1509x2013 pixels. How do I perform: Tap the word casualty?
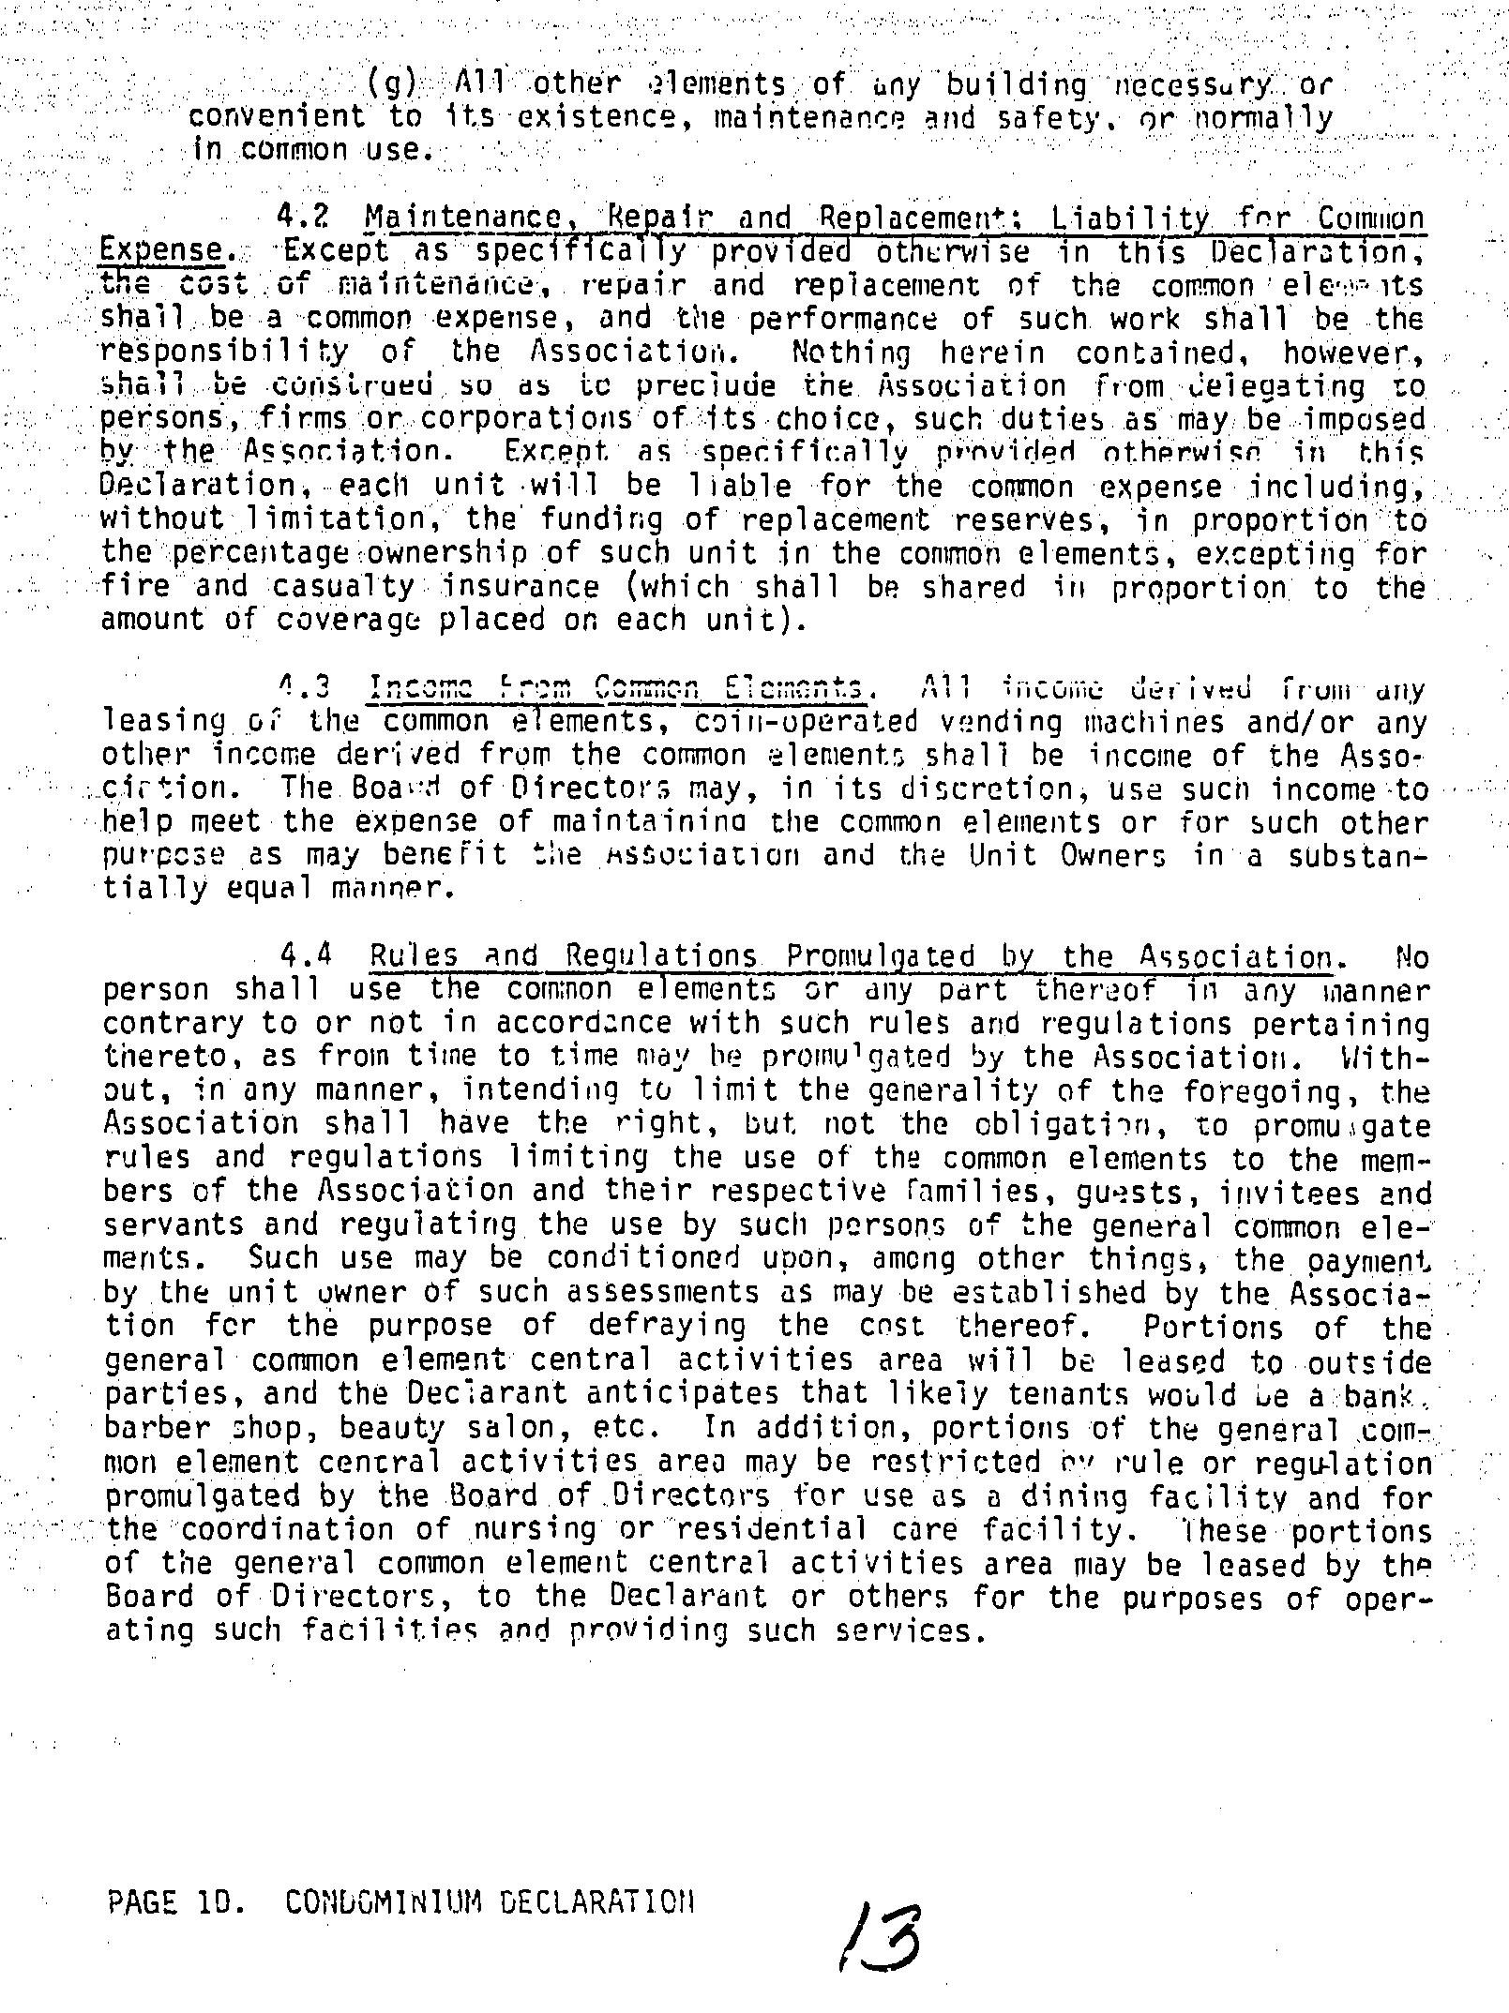point(343,587)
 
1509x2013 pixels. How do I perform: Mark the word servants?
point(174,1225)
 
